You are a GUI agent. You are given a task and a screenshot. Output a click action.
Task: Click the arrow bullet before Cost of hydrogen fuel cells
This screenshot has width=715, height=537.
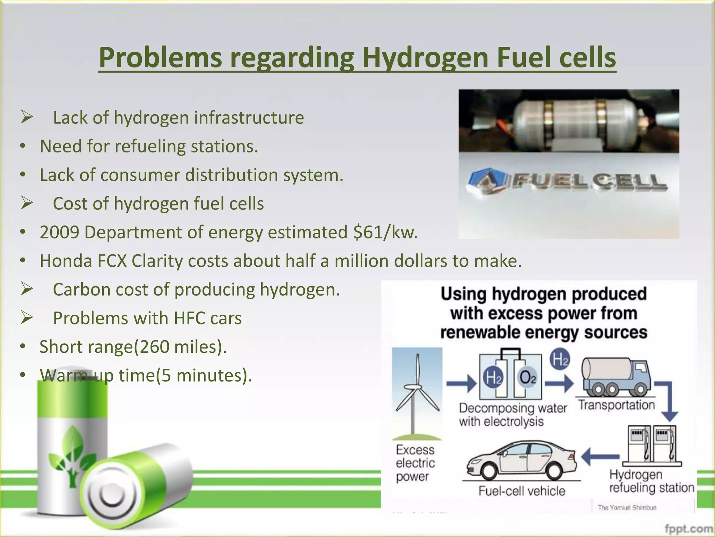click(x=27, y=203)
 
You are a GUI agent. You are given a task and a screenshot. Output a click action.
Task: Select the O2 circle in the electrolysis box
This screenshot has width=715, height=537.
click(x=528, y=378)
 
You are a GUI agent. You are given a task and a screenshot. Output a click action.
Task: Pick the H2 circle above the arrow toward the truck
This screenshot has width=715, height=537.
click(x=560, y=359)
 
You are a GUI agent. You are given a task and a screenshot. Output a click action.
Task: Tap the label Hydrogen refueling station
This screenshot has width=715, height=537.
click(x=651, y=481)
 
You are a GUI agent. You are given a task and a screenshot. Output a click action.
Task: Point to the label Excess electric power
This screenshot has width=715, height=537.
click(x=415, y=463)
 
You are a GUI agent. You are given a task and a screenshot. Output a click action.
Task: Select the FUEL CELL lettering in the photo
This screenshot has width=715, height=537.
click(x=590, y=181)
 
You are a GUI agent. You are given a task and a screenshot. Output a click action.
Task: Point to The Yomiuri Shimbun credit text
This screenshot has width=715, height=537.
click(x=627, y=508)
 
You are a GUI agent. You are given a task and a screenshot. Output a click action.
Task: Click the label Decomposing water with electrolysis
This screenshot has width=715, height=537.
click(x=513, y=415)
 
